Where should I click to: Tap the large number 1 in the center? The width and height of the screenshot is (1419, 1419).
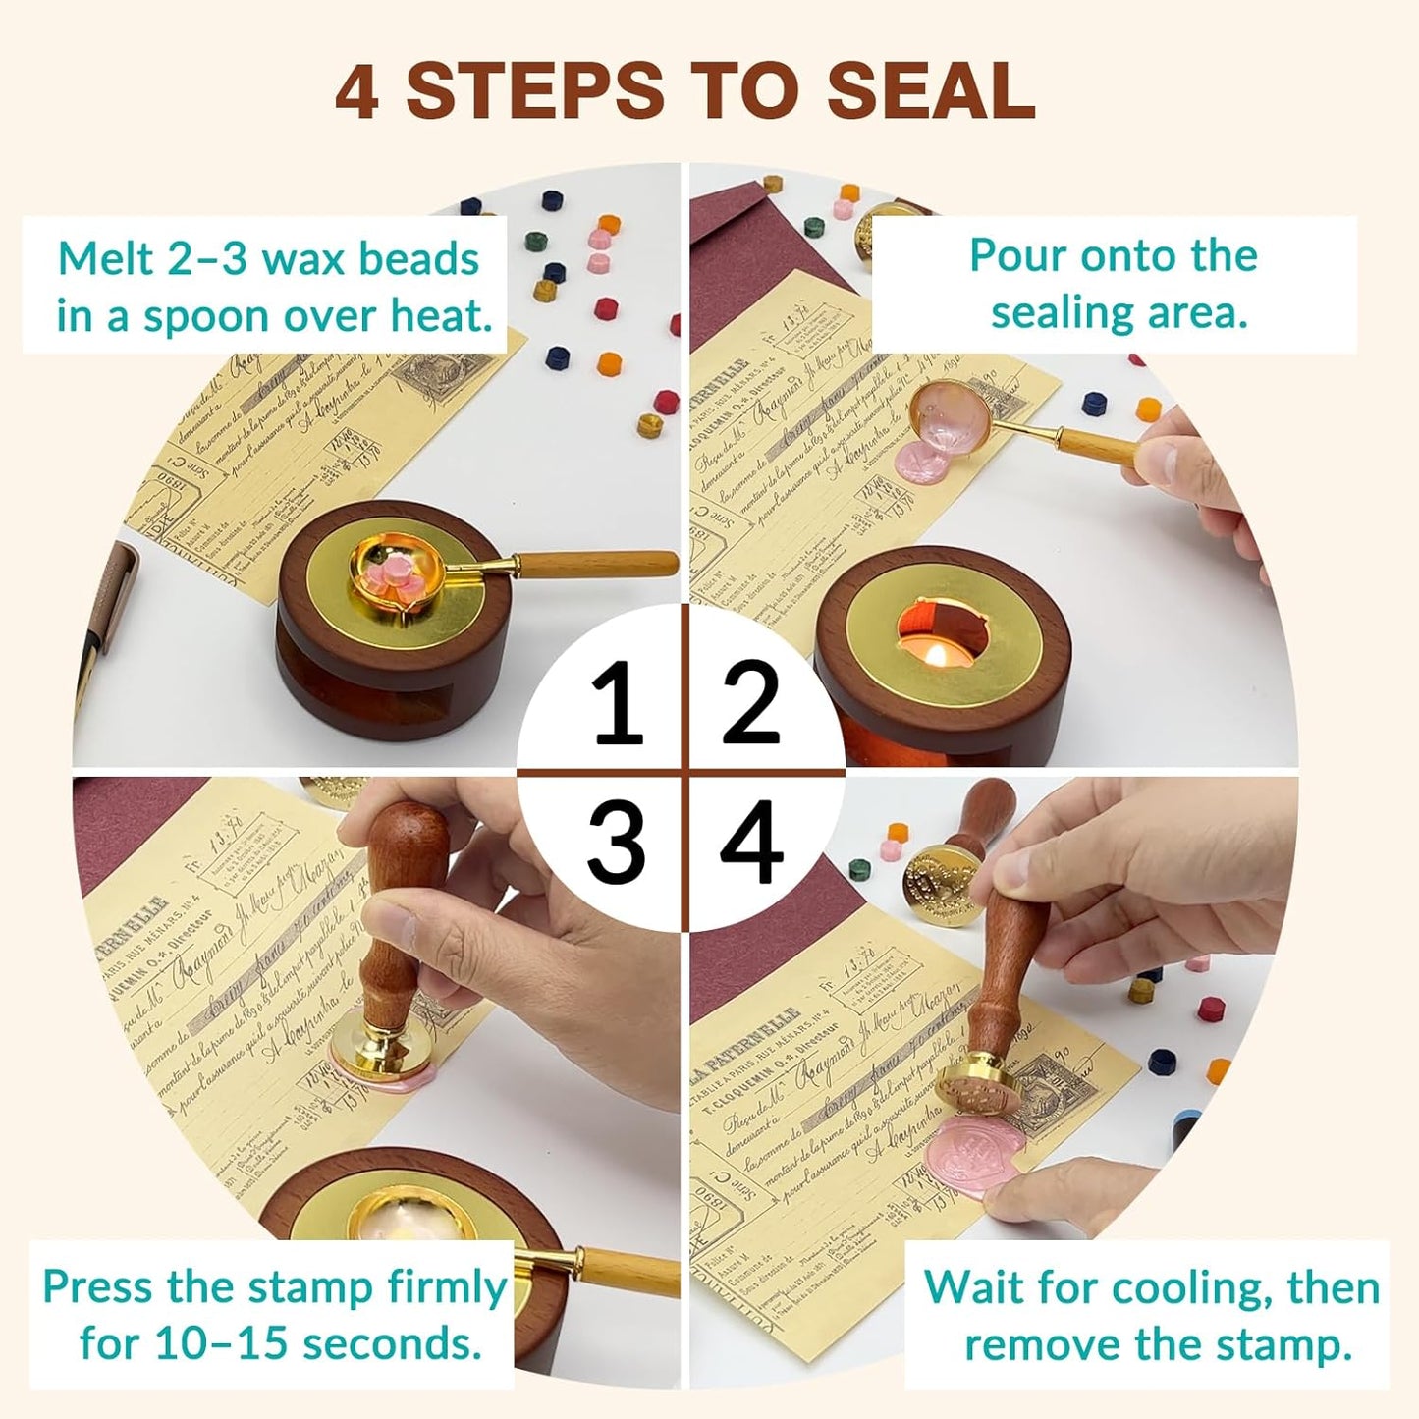click(617, 703)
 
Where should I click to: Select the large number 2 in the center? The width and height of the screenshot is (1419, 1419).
click(751, 703)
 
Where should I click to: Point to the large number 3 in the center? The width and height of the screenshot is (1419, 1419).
click(617, 842)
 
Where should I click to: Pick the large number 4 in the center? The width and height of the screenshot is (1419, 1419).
click(751, 842)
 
